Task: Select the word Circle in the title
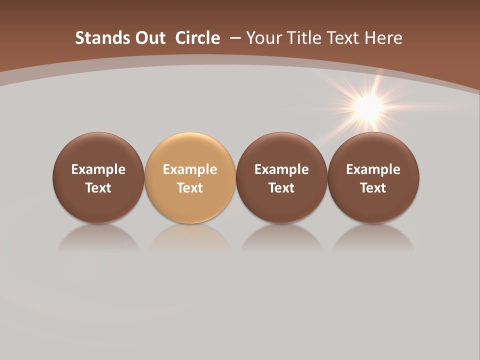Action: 197,38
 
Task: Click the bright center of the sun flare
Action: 369,106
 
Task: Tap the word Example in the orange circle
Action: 190,169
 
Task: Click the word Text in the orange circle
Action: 190,188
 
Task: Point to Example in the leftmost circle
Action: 98,169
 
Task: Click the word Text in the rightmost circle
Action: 373,188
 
